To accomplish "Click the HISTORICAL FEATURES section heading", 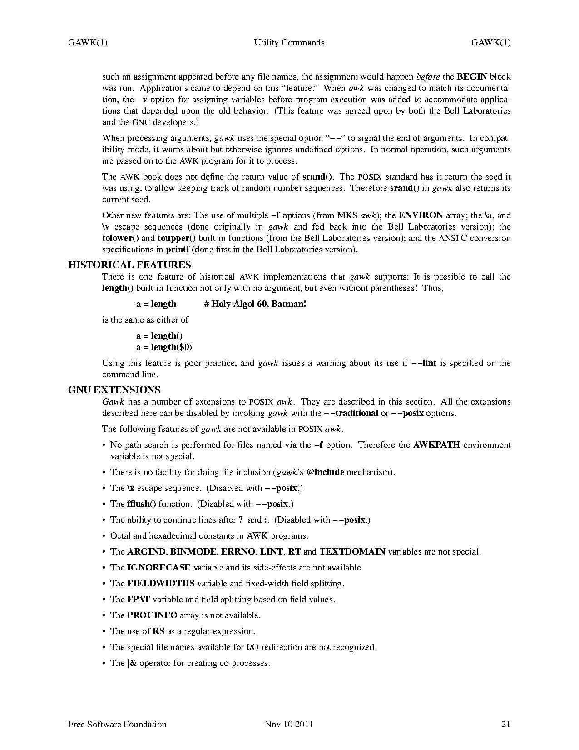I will click(129, 265).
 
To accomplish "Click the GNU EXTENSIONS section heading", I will click(114, 390).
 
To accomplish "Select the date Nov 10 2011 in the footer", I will click(289, 724).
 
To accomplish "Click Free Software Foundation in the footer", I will click(117, 724).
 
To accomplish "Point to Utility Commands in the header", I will click(289, 43).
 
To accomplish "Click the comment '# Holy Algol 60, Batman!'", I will click(255, 304).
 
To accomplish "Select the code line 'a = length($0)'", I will click(164, 347).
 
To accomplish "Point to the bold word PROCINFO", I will click(152, 615).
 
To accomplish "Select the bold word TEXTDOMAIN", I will click(352, 552).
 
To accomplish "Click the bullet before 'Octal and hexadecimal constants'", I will click(105, 536).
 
